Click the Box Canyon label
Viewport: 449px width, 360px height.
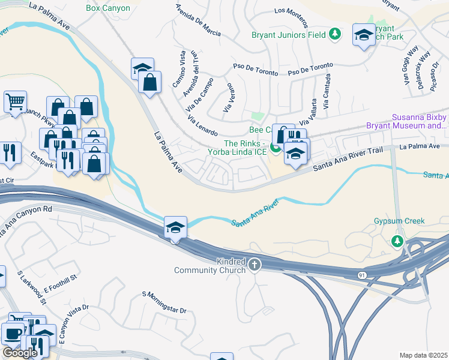(x=109, y=8)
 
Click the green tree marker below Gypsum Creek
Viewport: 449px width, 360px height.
(x=396, y=241)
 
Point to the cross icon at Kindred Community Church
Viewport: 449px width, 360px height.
(x=255, y=264)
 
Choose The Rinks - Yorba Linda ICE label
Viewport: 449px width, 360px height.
(x=245, y=148)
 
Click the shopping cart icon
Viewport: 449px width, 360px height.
(x=15, y=101)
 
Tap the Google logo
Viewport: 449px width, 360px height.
(x=20, y=353)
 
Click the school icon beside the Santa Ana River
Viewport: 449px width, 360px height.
(x=175, y=227)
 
